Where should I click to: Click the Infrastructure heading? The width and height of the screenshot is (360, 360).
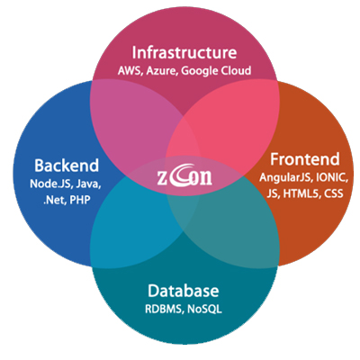click(184, 52)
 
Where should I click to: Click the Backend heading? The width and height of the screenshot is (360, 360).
click(67, 166)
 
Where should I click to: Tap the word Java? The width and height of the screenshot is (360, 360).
click(88, 184)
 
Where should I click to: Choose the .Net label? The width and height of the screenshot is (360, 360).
click(55, 200)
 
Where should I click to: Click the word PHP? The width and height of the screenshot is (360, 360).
click(80, 200)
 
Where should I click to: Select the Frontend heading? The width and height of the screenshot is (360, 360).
click(305, 159)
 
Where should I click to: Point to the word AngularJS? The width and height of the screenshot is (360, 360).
click(286, 178)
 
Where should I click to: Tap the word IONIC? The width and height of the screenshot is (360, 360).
click(332, 177)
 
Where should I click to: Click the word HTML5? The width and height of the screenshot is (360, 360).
click(301, 193)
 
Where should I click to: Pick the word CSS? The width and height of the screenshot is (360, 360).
click(333, 193)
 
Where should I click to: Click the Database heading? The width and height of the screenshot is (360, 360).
click(184, 291)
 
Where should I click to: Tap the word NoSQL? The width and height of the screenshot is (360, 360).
click(204, 309)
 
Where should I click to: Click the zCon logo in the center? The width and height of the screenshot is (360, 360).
click(184, 177)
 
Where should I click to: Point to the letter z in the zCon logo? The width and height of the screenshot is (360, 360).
click(161, 179)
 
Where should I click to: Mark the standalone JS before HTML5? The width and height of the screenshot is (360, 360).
click(274, 193)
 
